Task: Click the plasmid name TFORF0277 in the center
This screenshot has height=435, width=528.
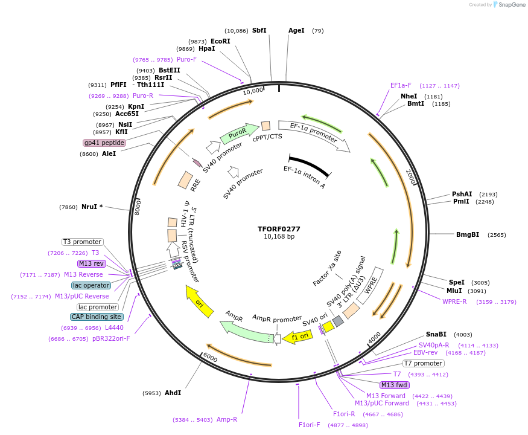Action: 279,229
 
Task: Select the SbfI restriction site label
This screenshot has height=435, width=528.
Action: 259,30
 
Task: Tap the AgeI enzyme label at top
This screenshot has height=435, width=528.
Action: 296,30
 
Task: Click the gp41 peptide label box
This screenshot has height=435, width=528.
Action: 104,143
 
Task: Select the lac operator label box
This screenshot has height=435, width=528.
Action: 91,285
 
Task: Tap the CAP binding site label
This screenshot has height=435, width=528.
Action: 97,317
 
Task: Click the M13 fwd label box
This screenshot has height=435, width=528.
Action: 394,385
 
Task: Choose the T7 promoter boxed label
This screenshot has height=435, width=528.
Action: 423,363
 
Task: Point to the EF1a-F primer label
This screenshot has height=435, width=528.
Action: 401,85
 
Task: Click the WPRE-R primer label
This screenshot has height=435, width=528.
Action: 454,301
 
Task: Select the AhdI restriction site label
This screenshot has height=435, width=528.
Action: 173,393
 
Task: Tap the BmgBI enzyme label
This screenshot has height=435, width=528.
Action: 468,234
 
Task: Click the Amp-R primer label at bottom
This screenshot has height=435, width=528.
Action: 227,419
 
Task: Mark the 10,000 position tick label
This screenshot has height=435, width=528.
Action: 253,91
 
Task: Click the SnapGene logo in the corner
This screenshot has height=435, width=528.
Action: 504,5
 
